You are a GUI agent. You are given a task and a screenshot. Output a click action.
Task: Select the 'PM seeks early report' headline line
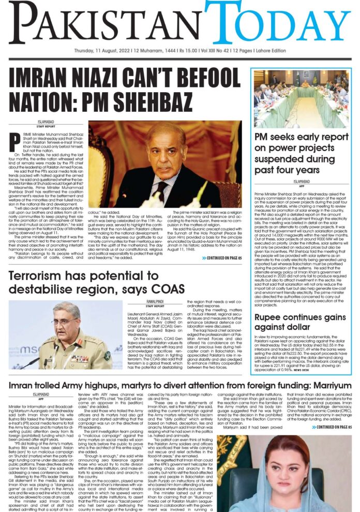[302, 137]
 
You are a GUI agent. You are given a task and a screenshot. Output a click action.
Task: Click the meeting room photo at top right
[302, 98]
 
